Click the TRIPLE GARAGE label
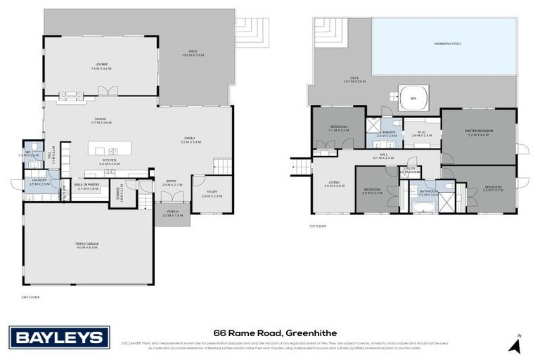click(x=88, y=245)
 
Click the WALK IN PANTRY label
click(x=88, y=186)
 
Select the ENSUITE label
click(x=387, y=133)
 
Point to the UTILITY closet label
click(x=410, y=169)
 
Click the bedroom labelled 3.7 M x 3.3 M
click(x=339, y=128)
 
